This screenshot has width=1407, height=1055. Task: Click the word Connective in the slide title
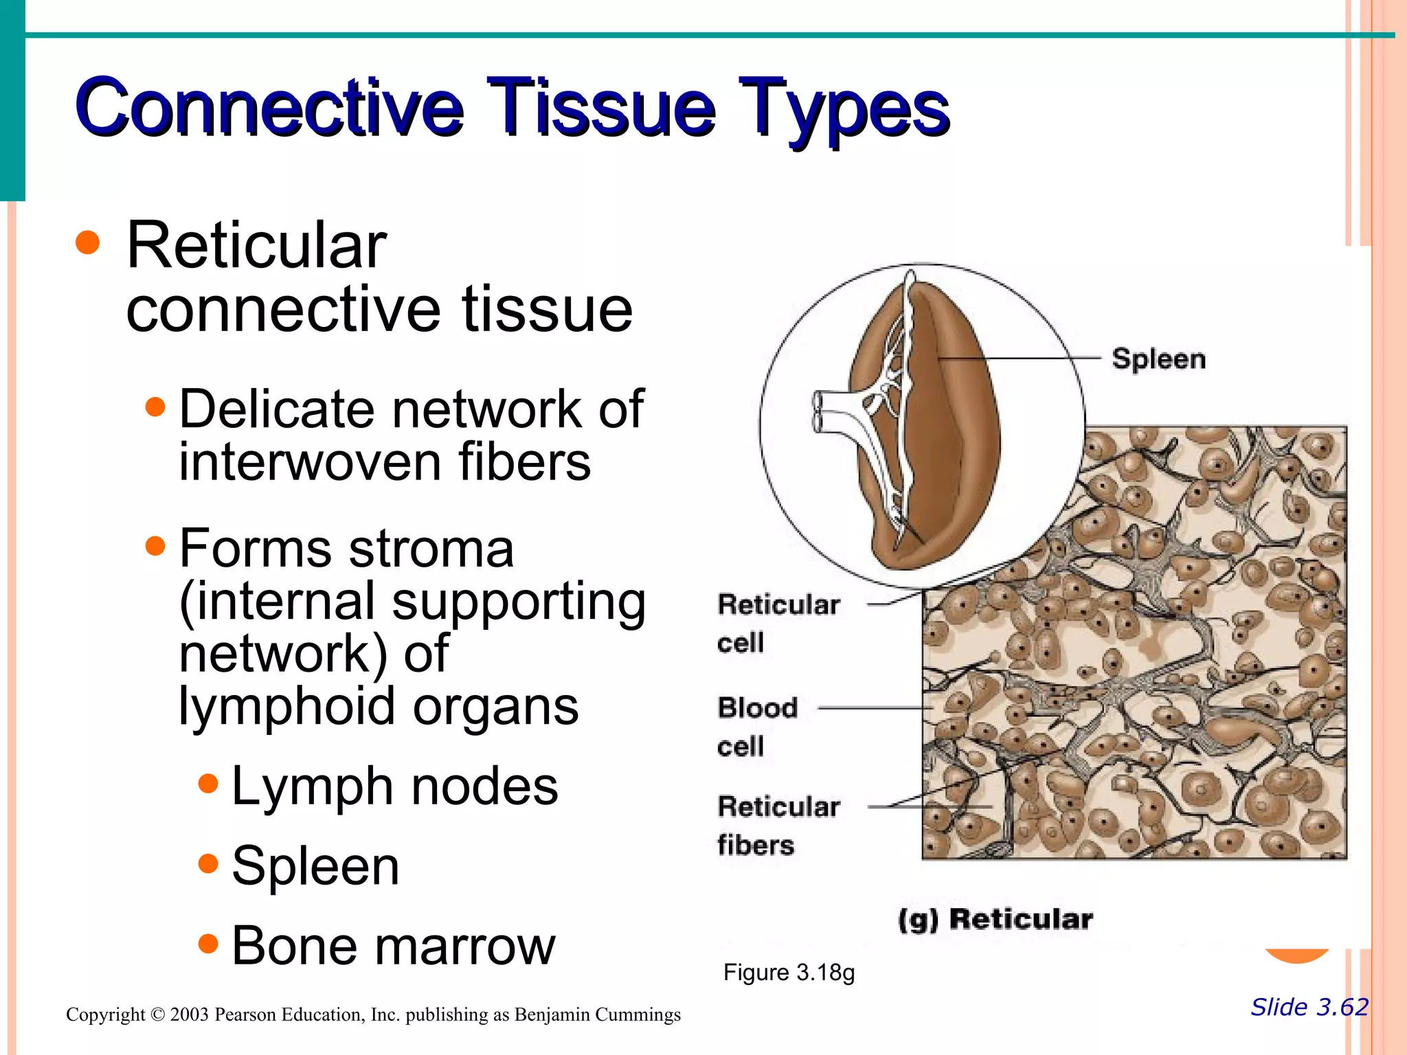tap(268, 108)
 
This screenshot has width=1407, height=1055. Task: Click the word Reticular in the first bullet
tap(256, 246)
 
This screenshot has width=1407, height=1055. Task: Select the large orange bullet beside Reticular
tap(88, 242)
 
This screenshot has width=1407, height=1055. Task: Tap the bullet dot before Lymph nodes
tap(207, 783)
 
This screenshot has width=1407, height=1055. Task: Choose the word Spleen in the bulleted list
tap(315, 866)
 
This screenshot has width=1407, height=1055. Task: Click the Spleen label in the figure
tap(1158, 359)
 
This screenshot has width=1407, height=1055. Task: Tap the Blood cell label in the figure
tap(756, 726)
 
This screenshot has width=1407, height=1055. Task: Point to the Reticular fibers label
tap(778, 825)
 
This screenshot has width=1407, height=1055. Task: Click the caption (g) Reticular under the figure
tap(995, 919)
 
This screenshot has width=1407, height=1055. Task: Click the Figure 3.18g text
tap(789, 973)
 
